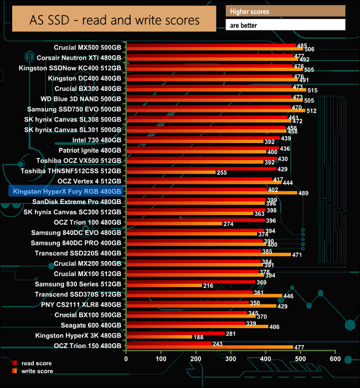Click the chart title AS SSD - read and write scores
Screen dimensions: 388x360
pos(114,20)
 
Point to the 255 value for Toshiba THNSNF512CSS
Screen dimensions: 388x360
pos(222,173)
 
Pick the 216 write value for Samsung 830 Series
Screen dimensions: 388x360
pos(208,285)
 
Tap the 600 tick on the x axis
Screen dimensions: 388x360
pos(335,359)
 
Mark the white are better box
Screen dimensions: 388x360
pos(285,25)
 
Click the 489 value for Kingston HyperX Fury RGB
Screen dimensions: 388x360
pos(304,193)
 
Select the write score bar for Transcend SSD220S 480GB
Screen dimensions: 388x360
pos(208,254)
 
